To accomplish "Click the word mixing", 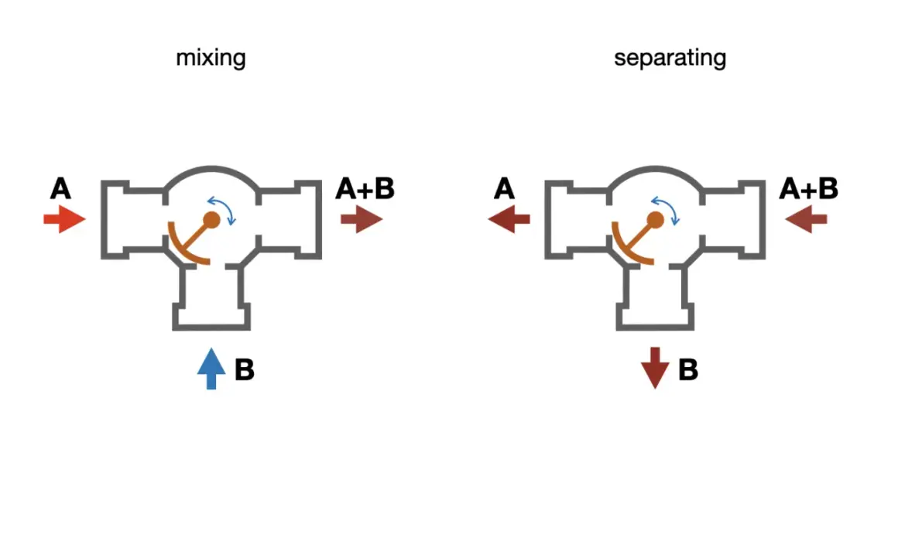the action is click(211, 58).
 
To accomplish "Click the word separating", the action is click(670, 58).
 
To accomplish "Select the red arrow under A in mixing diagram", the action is click(65, 219).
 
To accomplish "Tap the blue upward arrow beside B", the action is click(211, 369).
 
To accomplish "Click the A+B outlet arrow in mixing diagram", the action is click(362, 219).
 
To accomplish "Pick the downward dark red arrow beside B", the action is click(655, 369).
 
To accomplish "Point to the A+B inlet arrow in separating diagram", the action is click(806, 219).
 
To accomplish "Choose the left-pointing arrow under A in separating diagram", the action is click(509, 219).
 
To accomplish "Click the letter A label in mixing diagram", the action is click(60, 188).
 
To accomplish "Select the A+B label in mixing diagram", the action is click(365, 188).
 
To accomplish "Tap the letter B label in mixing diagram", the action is click(245, 369).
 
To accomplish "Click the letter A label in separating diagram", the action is click(505, 188).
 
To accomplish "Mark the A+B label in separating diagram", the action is click(809, 188).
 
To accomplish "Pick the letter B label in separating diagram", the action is click(688, 369).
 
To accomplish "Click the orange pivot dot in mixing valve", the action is click(211, 219).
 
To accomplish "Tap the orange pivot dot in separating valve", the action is click(655, 219).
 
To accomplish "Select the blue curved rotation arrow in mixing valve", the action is click(225, 203).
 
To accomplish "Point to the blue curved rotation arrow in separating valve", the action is click(669, 203).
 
